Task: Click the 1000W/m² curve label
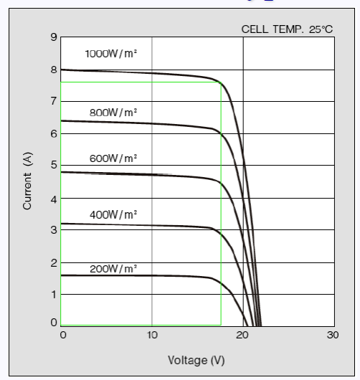coord(110,54)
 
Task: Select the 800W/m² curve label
coord(113,113)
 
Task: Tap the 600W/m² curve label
coord(113,158)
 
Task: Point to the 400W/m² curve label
coord(113,214)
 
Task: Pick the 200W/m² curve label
coord(113,269)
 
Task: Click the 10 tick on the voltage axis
coord(151,336)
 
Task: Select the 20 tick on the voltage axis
coord(243,336)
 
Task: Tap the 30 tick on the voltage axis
coord(332,336)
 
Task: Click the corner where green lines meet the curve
coord(220,82)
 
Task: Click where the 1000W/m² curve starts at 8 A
coord(62,70)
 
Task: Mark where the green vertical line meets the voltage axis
coord(220,326)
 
